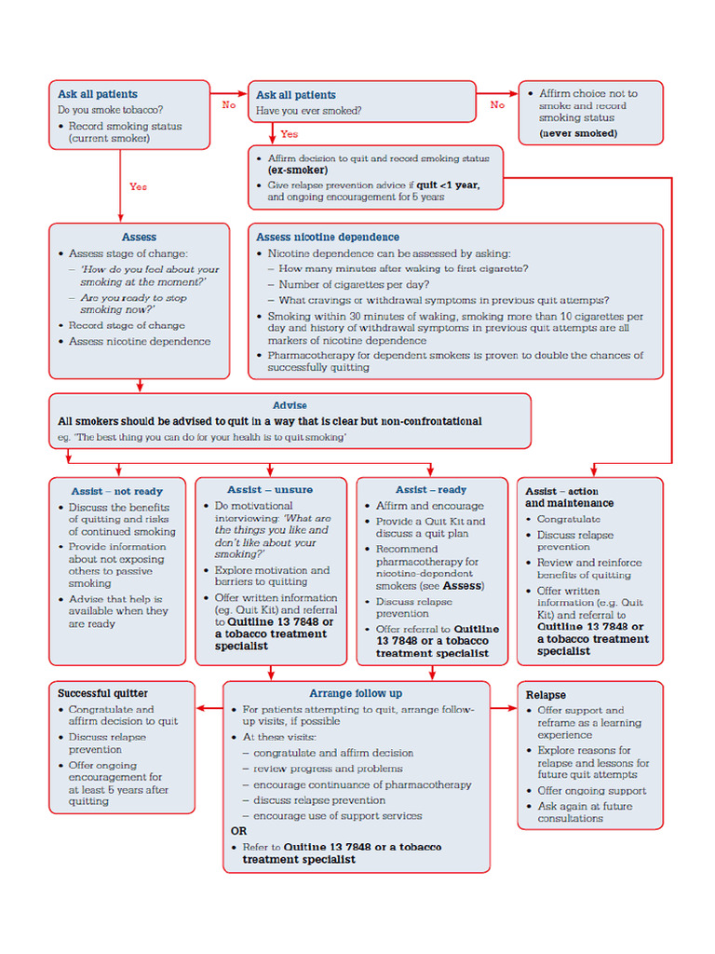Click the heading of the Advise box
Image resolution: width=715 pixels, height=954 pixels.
[290, 406]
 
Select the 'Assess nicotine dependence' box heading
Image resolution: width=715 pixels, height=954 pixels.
[328, 238]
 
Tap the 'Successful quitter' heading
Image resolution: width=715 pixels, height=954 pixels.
[102, 694]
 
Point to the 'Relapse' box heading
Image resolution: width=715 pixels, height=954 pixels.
[546, 695]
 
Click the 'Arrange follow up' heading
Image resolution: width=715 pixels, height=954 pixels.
[356, 693]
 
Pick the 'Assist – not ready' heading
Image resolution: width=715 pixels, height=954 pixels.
[117, 491]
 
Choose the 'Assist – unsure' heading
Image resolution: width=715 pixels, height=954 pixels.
[270, 490]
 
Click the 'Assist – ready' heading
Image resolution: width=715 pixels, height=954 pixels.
[431, 490]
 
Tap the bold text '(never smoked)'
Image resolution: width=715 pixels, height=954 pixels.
[578, 133]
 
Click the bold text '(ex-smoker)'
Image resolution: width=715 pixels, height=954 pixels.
[298, 171]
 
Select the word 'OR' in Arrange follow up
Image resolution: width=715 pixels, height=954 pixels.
[238, 831]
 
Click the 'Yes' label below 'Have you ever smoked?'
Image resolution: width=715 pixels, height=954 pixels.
[290, 134]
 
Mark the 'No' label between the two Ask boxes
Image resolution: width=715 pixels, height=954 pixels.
[229, 105]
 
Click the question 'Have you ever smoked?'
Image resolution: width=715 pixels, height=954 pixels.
[309, 111]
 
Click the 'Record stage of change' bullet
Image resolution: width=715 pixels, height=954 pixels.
[127, 326]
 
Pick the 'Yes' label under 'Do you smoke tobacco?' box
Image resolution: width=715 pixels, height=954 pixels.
[138, 187]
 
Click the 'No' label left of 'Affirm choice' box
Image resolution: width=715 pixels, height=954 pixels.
[498, 105]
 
